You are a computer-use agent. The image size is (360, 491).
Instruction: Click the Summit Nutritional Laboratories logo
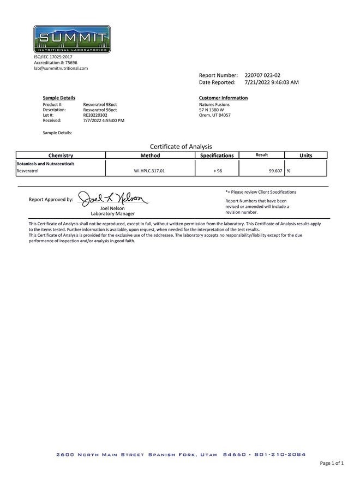click(x=72, y=39)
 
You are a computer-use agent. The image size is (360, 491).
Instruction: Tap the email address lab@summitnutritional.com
click(x=61, y=68)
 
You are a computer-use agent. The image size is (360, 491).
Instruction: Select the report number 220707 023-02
click(x=263, y=75)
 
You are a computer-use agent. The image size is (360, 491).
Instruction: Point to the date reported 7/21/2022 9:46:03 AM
click(x=272, y=82)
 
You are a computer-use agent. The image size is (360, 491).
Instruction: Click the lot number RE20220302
click(x=95, y=115)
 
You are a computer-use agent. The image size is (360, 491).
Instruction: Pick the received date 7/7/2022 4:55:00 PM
click(x=104, y=120)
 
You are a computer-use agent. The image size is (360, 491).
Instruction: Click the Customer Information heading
click(x=224, y=98)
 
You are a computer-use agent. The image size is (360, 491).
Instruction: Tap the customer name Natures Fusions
click(x=214, y=104)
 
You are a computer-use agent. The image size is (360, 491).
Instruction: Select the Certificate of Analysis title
click(x=181, y=146)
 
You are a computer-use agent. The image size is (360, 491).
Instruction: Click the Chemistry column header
click(x=61, y=155)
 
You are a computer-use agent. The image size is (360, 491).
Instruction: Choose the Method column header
click(x=150, y=155)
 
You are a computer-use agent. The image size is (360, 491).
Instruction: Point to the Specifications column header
click(x=217, y=155)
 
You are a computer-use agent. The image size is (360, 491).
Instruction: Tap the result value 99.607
click(x=275, y=171)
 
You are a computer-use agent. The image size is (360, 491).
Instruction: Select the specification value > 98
click(x=218, y=171)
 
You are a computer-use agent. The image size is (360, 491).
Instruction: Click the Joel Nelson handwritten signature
click(x=113, y=199)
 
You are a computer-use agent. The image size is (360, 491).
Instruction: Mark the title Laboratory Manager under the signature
click(x=113, y=213)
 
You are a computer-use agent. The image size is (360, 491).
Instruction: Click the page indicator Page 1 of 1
click(x=332, y=463)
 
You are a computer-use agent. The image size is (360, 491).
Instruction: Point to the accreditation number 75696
click(x=71, y=63)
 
